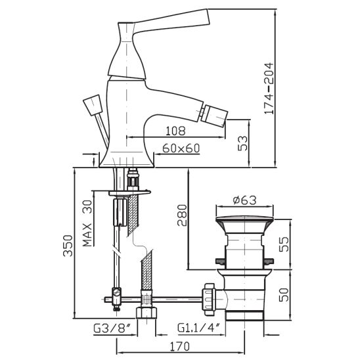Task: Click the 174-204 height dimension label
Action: (269, 88)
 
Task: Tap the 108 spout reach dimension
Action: (175, 131)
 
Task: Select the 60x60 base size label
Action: (181, 148)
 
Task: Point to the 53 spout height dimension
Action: (243, 143)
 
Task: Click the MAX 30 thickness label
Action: (87, 223)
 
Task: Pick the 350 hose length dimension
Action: (68, 246)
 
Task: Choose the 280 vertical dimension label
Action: (182, 215)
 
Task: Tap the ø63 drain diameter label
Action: (245, 200)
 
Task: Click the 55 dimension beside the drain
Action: (284, 244)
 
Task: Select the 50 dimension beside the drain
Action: (284, 294)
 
